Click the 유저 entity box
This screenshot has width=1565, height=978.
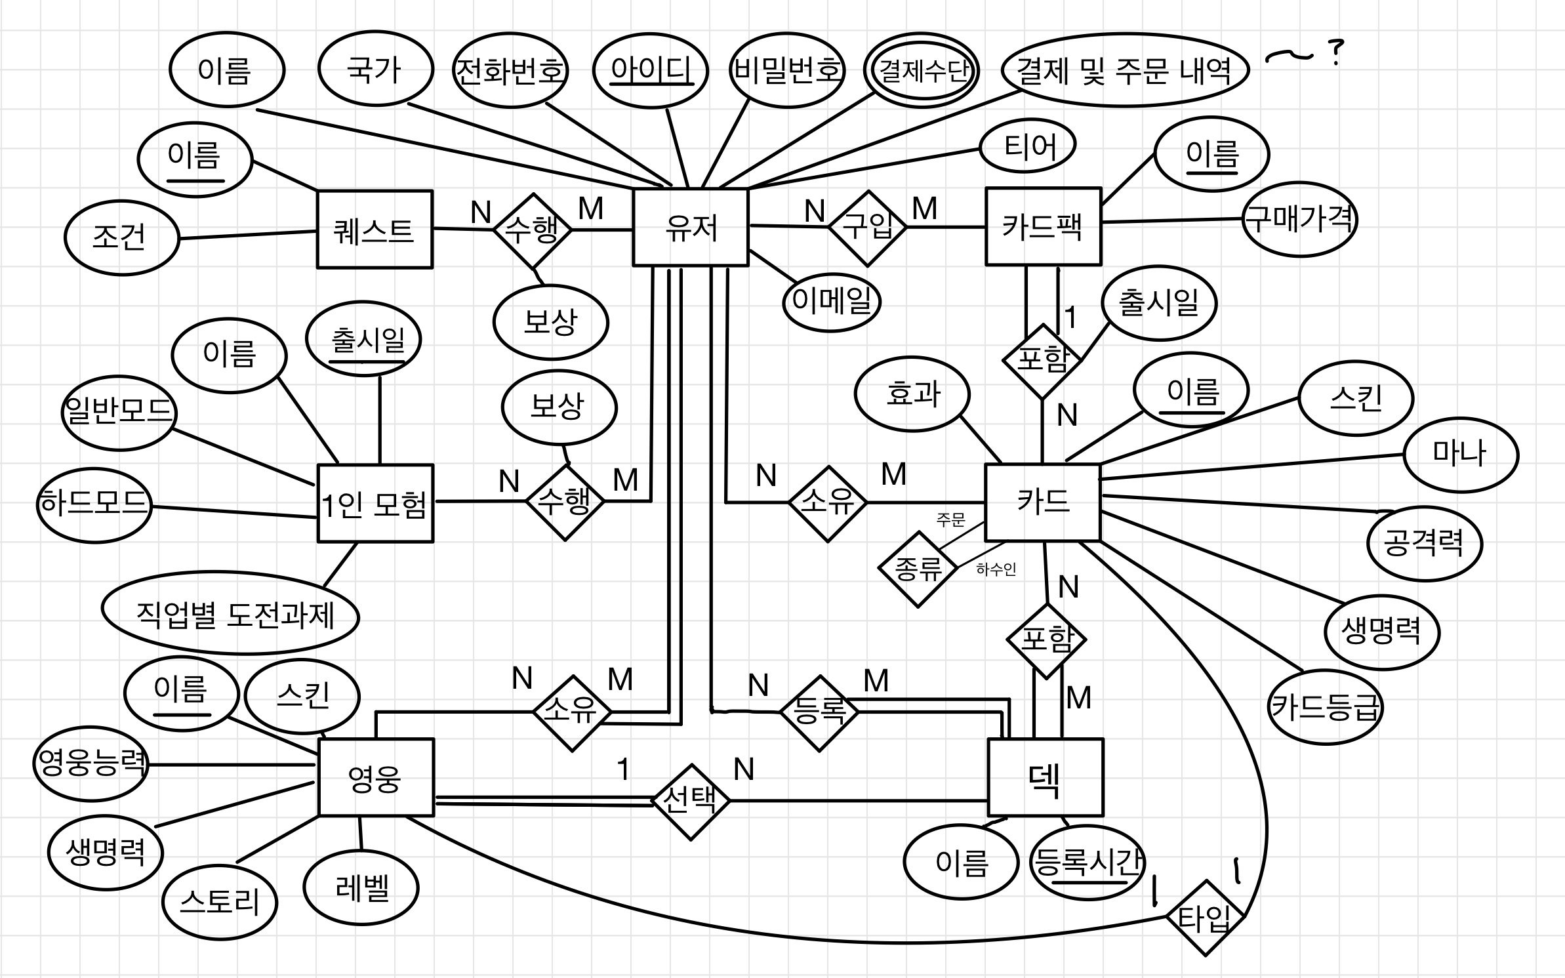pos(690,228)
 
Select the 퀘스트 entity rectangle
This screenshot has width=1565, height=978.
pos(375,230)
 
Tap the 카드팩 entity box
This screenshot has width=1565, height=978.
pos(1043,226)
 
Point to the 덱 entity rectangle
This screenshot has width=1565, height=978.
pos(1046,777)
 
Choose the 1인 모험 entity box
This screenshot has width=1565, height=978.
pos(375,504)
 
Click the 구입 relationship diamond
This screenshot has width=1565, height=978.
pos(867,228)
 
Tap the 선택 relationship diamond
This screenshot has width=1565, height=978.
pos(691,801)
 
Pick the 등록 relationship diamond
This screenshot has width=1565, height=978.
pos(819,712)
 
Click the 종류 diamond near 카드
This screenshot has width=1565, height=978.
pos(918,569)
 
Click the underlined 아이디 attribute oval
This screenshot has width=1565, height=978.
pos(651,70)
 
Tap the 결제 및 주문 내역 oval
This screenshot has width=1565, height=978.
pos(1124,70)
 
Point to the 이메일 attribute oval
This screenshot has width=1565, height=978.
pos(832,302)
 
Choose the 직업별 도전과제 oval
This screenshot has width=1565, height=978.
pos(231,613)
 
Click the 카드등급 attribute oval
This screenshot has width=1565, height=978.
pos(1325,707)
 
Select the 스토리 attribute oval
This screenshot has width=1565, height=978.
pos(220,902)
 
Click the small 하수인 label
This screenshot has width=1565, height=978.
pos(996,569)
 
